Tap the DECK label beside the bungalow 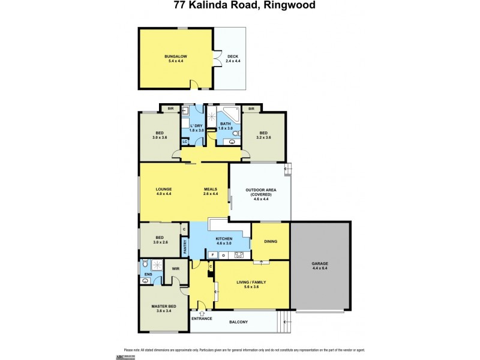[233, 56]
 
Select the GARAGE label [320, 264]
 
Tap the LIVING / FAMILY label [251, 282]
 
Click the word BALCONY [238, 322]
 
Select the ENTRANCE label [202, 318]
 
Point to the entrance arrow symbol [202, 312]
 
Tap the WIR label [176, 269]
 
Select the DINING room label [270, 241]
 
